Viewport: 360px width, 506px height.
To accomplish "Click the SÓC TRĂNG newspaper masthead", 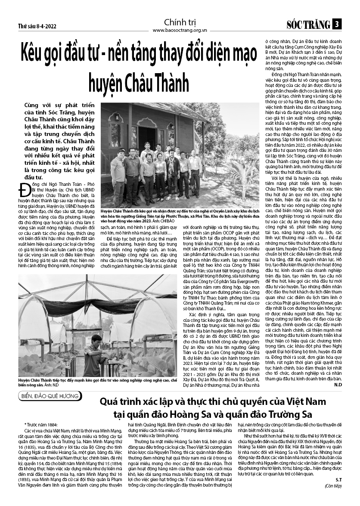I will tap(308, 25).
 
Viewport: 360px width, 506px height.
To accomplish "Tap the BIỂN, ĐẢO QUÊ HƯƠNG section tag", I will tap(50, 396).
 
